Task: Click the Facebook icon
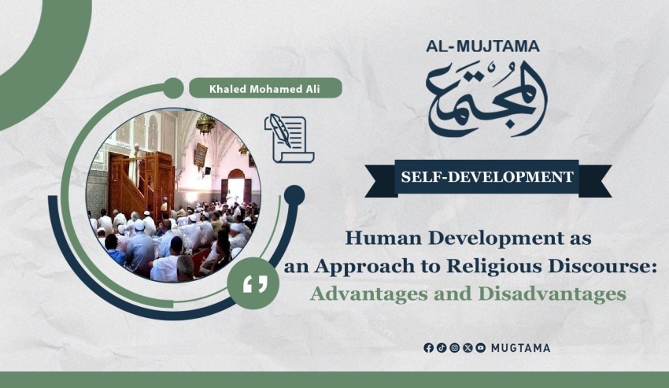tap(428, 348)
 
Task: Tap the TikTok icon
tap(442, 348)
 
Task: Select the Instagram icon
tap(455, 348)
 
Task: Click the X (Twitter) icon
tap(468, 348)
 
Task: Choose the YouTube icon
tap(481, 348)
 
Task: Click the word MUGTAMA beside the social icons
tap(520, 348)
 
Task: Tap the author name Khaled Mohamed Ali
tap(264, 89)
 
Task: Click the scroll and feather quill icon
tap(290, 139)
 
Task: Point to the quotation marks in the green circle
tap(255, 284)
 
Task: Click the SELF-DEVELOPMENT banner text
tap(487, 177)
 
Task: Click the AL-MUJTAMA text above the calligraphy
tap(483, 46)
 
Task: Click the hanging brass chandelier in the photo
tap(205, 124)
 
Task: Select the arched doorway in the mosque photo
tap(236, 186)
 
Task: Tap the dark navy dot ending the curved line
tap(294, 195)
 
